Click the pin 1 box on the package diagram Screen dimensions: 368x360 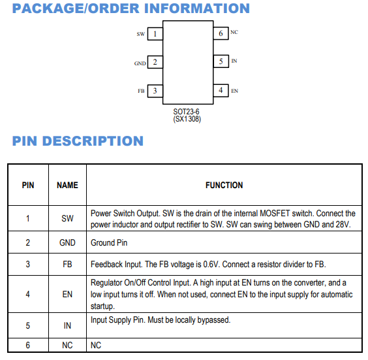tap(155, 34)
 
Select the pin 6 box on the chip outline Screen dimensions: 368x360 tap(221, 33)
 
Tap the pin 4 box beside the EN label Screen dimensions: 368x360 tap(221, 90)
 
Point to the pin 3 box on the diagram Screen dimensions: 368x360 tap(155, 91)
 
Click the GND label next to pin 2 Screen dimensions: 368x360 tap(140, 63)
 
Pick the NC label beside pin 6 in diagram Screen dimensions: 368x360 tap(234, 32)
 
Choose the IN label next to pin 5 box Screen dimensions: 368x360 tap(234, 61)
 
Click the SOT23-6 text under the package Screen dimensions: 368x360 tap(186, 111)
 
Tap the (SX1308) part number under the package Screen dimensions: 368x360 tap(187, 119)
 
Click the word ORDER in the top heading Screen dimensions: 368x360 tap(114, 8)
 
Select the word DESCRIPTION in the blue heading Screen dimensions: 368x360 tap(93, 141)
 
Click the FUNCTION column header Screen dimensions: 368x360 tap(224, 185)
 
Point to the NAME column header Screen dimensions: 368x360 tap(67, 185)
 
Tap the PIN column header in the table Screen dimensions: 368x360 tap(28, 185)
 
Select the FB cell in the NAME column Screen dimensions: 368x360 tap(67, 265)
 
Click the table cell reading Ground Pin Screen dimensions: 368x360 tap(109, 243)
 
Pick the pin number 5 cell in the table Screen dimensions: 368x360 tap(28, 325)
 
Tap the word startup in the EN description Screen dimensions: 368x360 tap(102, 306)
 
